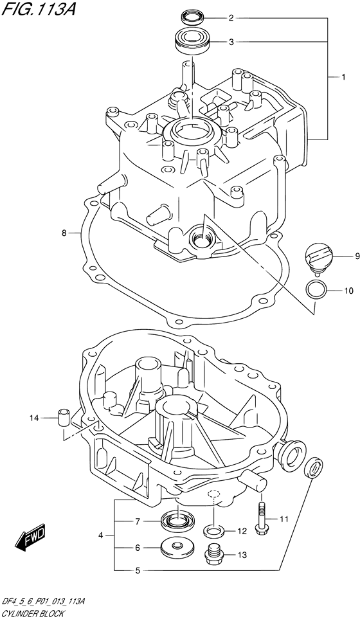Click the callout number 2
(231, 18)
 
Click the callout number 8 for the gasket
(65, 233)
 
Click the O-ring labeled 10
(314, 289)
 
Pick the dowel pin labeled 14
(64, 417)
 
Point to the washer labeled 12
(213, 531)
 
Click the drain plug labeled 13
(213, 553)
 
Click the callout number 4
(101, 534)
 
